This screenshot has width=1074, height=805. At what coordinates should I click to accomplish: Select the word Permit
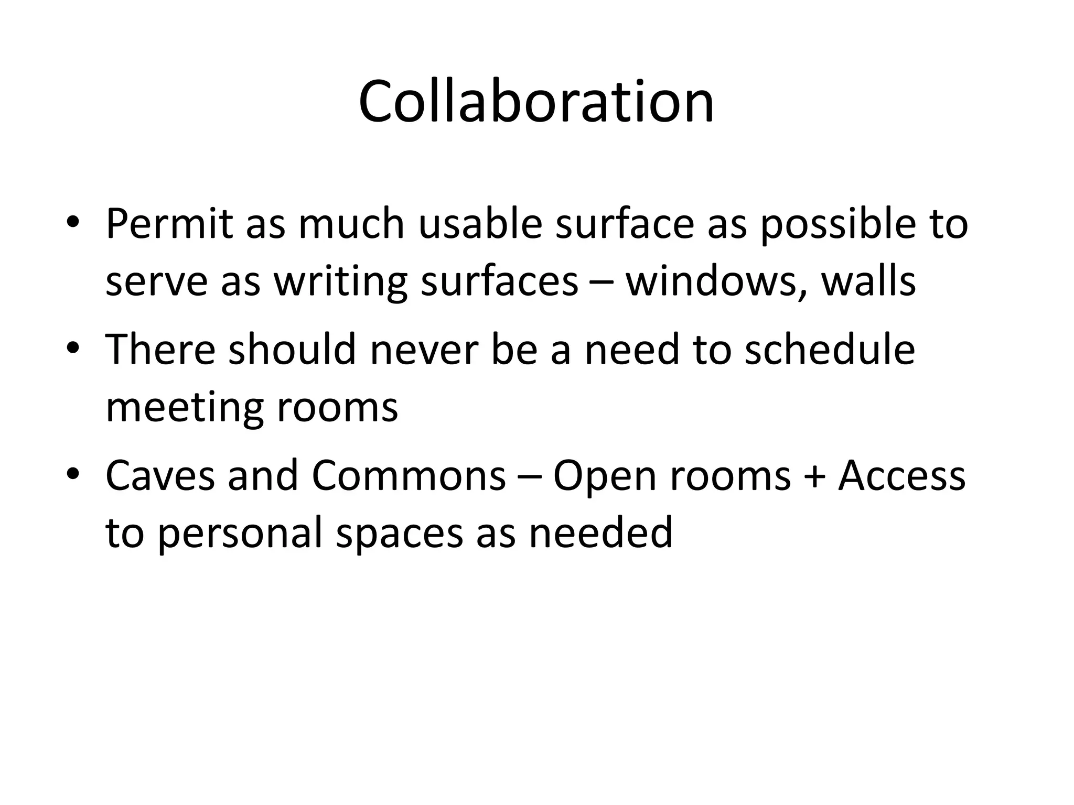point(169,224)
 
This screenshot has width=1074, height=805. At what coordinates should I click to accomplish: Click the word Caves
point(160,475)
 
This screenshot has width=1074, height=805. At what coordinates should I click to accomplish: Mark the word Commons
point(409,475)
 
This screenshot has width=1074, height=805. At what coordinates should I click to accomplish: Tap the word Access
point(901,475)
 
